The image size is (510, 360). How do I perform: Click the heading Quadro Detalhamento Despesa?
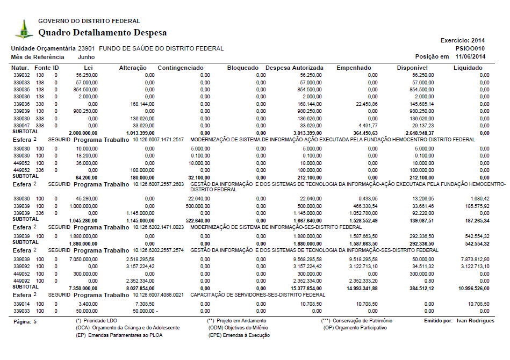click(102, 33)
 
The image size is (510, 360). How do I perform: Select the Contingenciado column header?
click(181, 68)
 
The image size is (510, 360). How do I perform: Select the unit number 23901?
click(87, 48)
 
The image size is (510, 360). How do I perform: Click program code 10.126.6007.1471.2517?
click(159, 139)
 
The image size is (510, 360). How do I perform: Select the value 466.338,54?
click(364, 206)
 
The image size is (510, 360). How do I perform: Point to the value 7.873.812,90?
click(474, 259)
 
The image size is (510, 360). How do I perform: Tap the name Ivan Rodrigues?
click(476, 321)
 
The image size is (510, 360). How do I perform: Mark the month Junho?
click(87, 56)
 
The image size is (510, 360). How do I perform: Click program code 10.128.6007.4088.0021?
click(159, 295)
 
